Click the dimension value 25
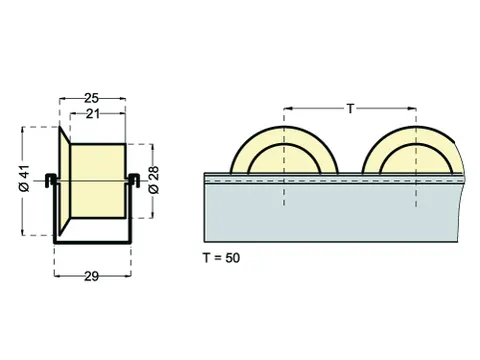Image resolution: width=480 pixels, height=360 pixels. [91, 99]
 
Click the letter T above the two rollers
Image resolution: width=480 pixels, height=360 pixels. [350, 107]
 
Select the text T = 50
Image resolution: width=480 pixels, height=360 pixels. [221, 258]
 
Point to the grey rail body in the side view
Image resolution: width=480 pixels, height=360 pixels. [330, 215]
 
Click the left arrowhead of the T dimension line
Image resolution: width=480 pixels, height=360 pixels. [286, 107]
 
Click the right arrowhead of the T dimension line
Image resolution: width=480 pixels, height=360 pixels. [413, 107]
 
